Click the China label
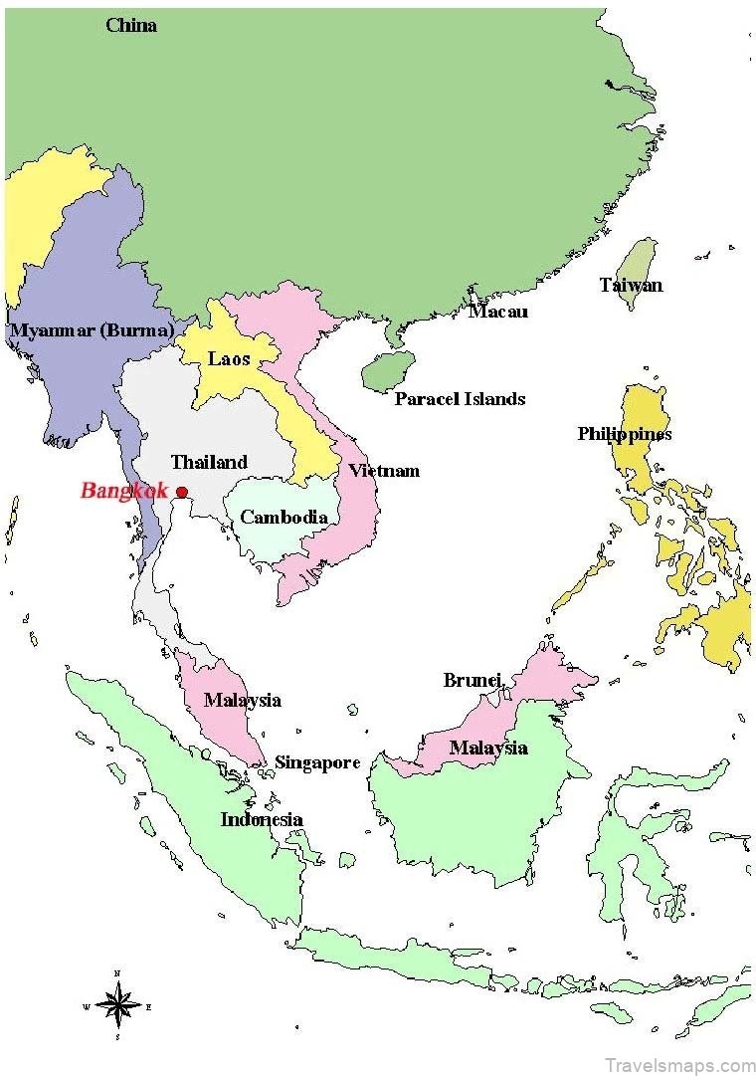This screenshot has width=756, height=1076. coord(131,25)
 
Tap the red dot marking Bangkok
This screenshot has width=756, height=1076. coord(182,492)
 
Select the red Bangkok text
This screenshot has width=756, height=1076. coord(124,490)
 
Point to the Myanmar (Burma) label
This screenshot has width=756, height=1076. coord(92,329)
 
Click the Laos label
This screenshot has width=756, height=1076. coord(229,358)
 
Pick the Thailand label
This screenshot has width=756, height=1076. coord(209,462)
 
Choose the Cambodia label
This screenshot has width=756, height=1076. coord(283,517)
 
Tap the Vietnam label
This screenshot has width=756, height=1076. coord(383,471)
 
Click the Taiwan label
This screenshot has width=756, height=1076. coord(631,285)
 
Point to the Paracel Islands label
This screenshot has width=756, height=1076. coord(460,399)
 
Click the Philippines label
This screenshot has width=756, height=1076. coord(625,434)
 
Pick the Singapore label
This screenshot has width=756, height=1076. coord(317,762)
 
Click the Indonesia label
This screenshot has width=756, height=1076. coord(262,820)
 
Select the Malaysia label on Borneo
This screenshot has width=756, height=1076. coord(487,748)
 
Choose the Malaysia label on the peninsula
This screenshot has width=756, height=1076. coord(243,700)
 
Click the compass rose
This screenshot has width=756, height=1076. coord(117,1005)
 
